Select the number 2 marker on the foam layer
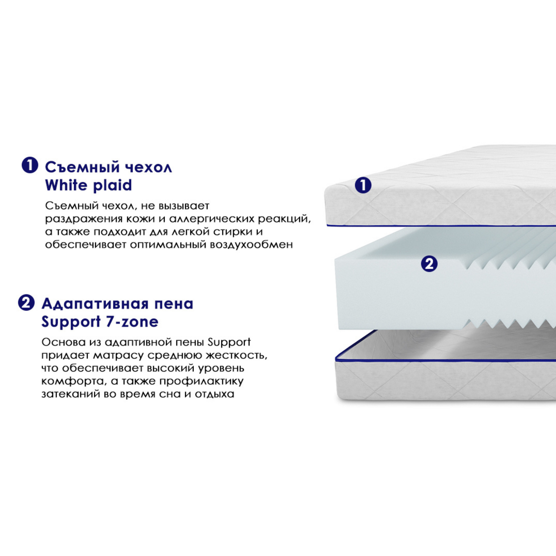click(429, 264)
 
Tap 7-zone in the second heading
click(132, 322)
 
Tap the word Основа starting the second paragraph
click(63, 342)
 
